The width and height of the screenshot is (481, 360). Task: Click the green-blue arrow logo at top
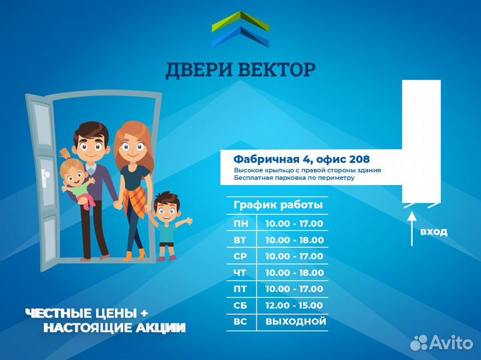click(240, 30)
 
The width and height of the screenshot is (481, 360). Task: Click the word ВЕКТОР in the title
click(277, 69)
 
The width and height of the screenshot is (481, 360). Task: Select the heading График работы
click(278, 205)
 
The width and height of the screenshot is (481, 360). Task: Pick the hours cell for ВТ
click(294, 240)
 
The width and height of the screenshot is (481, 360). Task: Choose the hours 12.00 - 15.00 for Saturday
click(294, 305)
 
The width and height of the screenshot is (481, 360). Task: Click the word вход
click(434, 232)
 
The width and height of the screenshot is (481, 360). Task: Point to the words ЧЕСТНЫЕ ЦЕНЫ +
click(86, 313)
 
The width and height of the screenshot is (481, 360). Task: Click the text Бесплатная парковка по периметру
click(294, 178)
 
